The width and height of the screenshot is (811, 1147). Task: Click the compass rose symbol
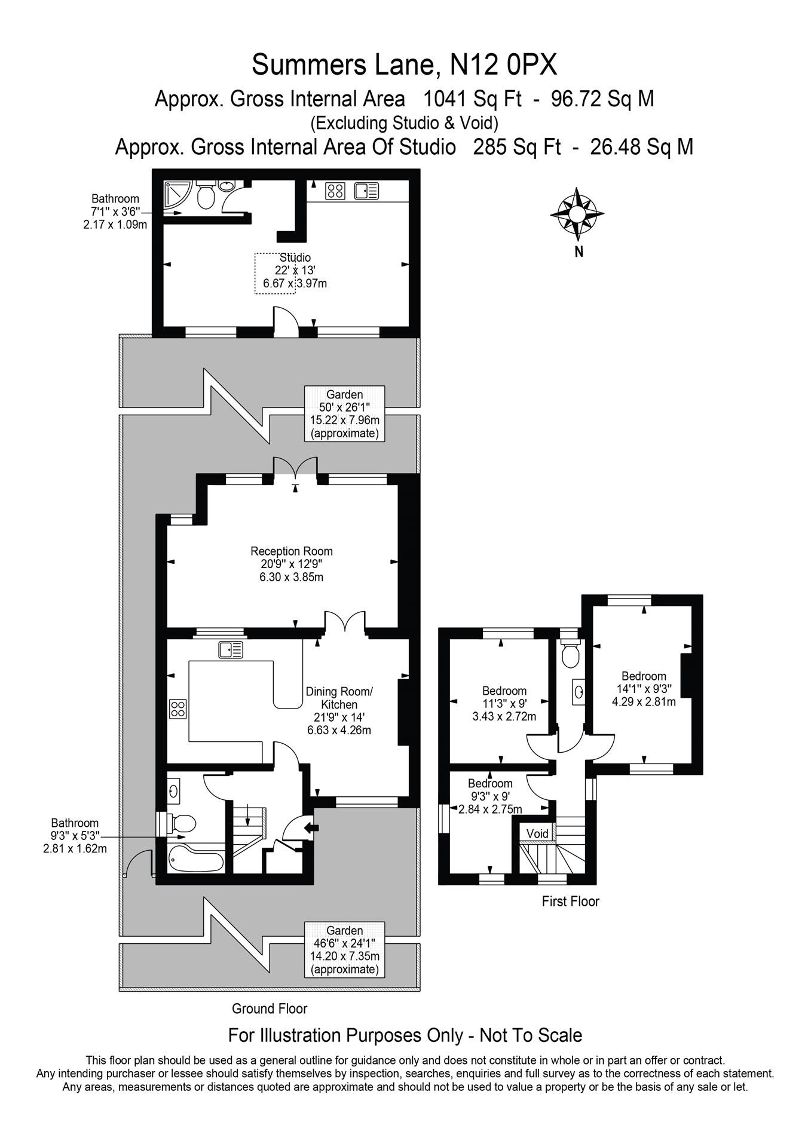click(577, 213)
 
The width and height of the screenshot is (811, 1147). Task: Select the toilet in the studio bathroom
click(206, 195)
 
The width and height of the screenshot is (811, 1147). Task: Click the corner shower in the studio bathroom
click(177, 198)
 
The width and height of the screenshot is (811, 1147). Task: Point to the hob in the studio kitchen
click(335, 191)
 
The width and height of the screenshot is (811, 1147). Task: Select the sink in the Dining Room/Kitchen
click(231, 649)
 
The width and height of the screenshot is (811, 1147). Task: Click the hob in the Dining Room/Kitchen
click(178, 709)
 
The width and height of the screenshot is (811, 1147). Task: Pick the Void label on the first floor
click(537, 833)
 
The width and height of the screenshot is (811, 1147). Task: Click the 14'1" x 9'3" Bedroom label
click(644, 689)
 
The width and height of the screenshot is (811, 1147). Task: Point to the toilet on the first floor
click(571, 655)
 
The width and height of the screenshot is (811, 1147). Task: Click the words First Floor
click(570, 901)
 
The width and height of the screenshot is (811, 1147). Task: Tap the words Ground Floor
click(270, 1008)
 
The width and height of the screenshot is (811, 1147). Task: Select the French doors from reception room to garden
click(295, 468)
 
